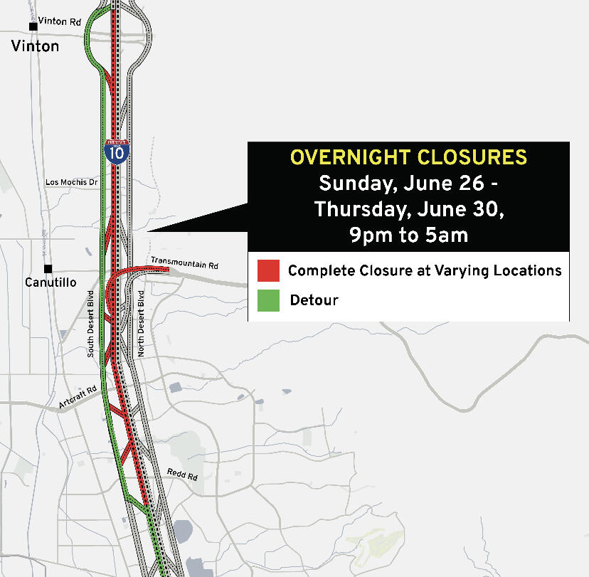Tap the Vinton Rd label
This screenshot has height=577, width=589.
60,22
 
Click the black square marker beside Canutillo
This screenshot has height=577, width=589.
48,269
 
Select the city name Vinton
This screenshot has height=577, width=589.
35,46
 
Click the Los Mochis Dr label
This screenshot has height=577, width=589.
70,182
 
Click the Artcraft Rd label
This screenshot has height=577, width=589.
78,397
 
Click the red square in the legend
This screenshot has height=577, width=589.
268,271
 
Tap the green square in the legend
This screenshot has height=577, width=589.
268,300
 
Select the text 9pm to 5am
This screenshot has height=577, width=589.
408,235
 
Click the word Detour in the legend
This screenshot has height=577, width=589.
314,300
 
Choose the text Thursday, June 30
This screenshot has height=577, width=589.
408,209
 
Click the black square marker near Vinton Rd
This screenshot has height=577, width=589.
33,26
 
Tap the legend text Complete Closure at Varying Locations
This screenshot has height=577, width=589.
425,270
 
